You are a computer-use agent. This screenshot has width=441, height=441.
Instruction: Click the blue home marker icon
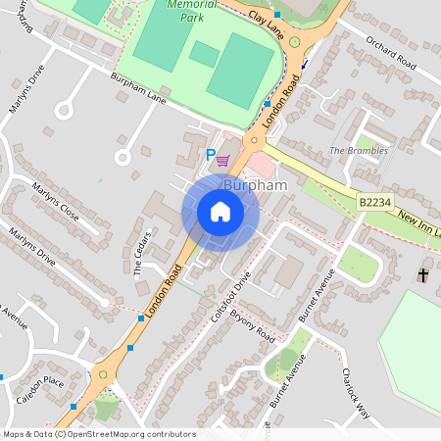pos(220,212)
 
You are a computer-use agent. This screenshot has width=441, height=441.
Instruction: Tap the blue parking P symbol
pos(209,154)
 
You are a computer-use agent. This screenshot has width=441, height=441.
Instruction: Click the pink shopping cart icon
pos(223,160)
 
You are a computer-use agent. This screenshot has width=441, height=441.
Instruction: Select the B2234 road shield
pos(375,201)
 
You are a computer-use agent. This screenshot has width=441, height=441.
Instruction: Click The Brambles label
pos(358,151)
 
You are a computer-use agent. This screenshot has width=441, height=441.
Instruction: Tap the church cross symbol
pos(422,275)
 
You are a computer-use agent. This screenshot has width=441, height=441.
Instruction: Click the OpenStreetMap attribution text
pos(98,434)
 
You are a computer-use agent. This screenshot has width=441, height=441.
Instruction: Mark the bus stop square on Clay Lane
pos(277,15)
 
